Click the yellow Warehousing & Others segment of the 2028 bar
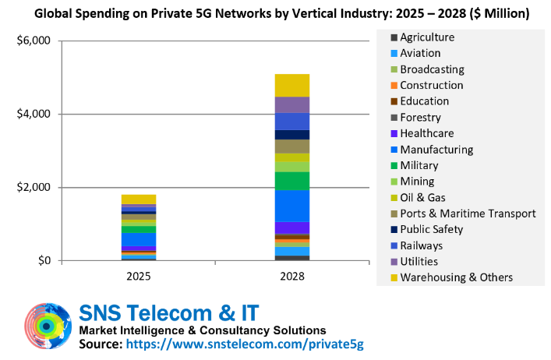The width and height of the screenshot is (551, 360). (292, 85)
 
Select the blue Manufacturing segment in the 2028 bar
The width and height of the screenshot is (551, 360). (292, 206)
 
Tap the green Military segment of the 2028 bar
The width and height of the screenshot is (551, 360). (292, 181)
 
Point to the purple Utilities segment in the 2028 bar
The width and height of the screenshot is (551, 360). (292, 104)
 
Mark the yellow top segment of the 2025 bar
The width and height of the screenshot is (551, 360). (139, 199)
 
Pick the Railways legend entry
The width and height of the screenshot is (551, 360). (424, 245)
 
